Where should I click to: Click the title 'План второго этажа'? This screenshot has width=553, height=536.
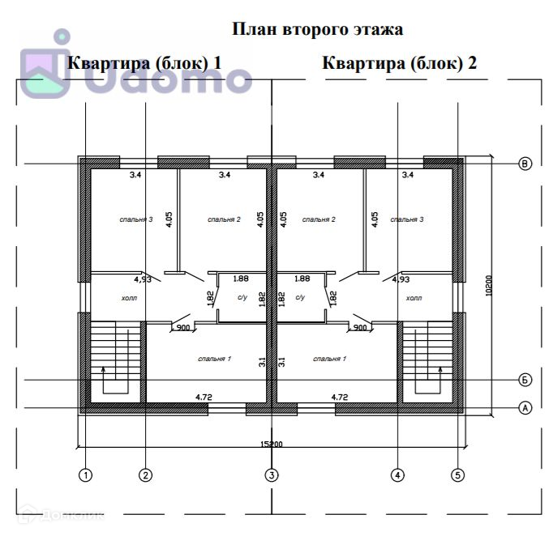click(x=318, y=30)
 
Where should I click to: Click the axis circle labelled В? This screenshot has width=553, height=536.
click(x=525, y=164)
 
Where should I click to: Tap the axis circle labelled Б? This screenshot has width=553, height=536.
click(x=525, y=380)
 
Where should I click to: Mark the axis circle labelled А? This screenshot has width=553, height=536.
click(x=525, y=407)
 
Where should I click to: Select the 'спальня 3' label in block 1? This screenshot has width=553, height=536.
click(x=135, y=219)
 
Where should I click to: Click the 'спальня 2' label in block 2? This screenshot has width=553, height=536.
click(x=317, y=219)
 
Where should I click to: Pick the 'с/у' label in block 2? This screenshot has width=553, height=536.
click(x=300, y=298)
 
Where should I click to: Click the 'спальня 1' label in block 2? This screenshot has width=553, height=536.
click(x=330, y=358)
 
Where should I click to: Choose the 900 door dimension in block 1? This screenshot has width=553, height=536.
click(x=183, y=328)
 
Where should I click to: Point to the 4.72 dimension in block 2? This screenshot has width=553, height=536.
click(x=340, y=398)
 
